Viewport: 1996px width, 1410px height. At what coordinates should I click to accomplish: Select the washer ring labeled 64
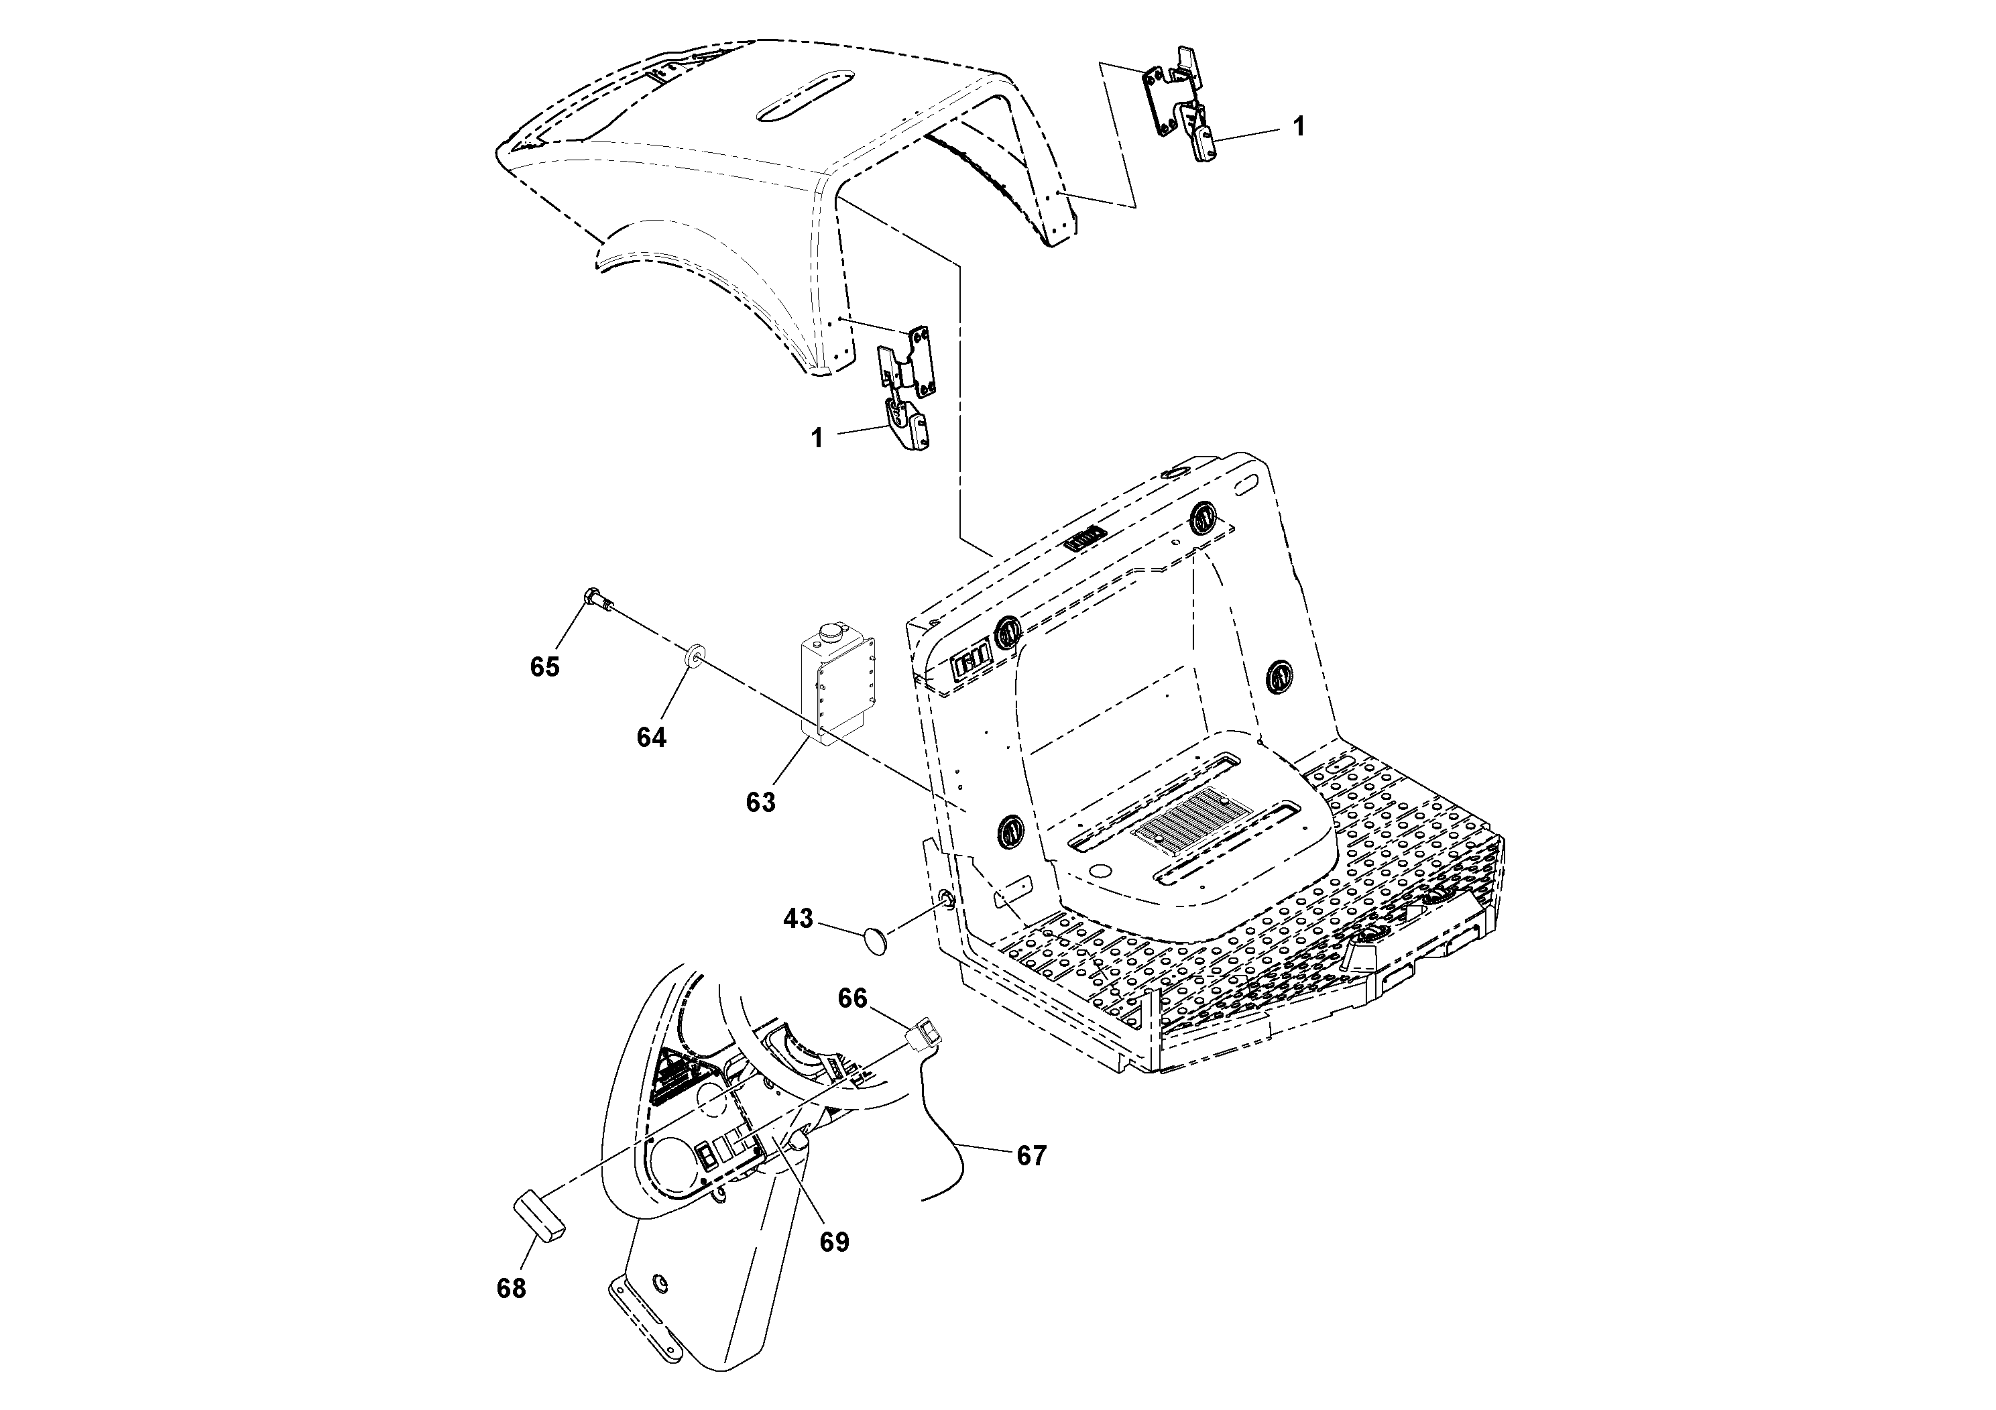coord(695,654)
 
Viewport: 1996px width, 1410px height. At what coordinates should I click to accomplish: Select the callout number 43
coord(798,918)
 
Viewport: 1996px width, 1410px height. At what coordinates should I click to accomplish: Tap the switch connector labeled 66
coord(923,1037)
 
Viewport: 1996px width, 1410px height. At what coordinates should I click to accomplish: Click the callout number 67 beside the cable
coord(1031,1155)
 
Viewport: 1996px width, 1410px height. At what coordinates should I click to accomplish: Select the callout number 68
coord(511,1288)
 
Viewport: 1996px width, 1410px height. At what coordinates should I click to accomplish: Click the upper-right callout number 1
coord(1298,127)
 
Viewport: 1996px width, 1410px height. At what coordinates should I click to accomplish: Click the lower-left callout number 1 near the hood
coord(817,438)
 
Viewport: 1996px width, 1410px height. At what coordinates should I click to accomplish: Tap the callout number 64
coord(651,737)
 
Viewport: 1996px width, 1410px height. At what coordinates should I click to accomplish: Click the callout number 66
coord(852,999)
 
